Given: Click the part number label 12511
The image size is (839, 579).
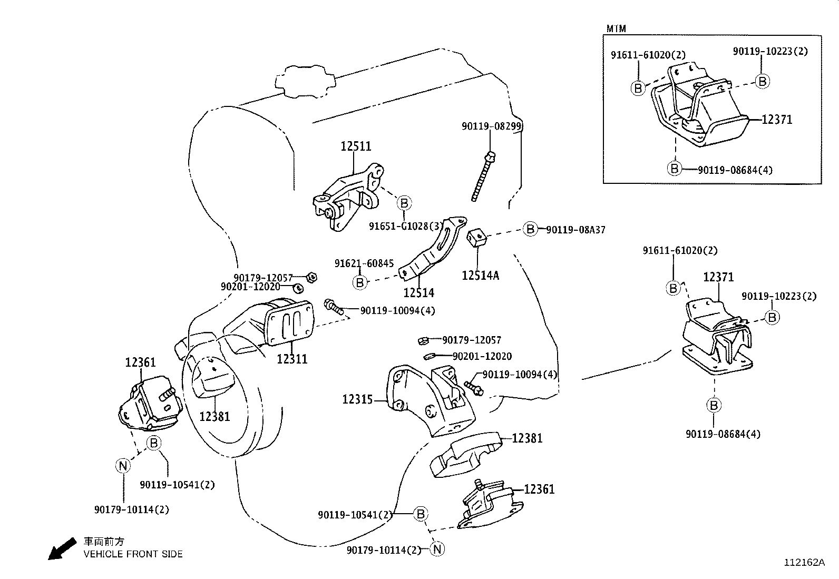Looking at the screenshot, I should [x=356, y=146].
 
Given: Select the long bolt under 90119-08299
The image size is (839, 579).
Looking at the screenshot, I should [x=483, y=176].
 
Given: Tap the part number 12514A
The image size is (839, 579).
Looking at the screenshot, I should [x=480, y=275].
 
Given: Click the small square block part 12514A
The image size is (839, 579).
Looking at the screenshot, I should [x=477, y=237].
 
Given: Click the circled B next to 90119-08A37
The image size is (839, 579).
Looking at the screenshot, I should [x=530, y=229].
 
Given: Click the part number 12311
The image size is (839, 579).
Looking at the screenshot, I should [x=292, y=359].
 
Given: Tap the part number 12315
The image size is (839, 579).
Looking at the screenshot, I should [x=357, y=399].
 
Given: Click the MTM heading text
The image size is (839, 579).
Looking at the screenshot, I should [x=616, y=28].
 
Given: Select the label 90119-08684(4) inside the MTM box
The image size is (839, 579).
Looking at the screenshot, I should [x=735, y=170].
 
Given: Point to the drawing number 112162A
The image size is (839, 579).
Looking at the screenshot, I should [x=804, y=562].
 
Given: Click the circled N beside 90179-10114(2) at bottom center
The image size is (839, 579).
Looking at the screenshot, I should [x=437, y=549].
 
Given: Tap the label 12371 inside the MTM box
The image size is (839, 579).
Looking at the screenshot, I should [x=777, y=120].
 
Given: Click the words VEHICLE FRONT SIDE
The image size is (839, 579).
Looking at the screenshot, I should [x=133, y=554].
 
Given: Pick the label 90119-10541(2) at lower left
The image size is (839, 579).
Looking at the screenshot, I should [x=177, y=484].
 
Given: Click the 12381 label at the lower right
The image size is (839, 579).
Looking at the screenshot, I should [x=527, y=438].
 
